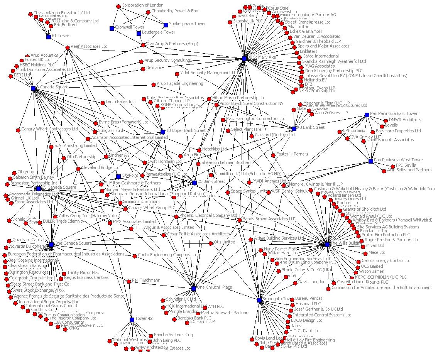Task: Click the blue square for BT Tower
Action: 49,37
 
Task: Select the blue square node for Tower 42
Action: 132,319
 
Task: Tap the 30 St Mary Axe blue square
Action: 244,59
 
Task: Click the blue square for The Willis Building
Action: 327,244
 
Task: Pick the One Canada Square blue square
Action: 51,245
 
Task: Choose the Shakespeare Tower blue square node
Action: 166,25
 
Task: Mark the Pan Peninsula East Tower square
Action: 367,115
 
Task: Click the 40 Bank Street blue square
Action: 294,129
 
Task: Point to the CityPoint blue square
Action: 118,177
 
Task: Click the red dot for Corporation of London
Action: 118,6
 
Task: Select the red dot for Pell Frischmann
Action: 129,281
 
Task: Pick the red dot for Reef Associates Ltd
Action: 68,47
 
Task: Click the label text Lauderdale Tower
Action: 159,32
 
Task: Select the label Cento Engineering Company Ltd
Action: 168,255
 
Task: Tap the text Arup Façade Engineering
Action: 180,83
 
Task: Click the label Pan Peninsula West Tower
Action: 398,160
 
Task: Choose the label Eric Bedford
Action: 65,25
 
